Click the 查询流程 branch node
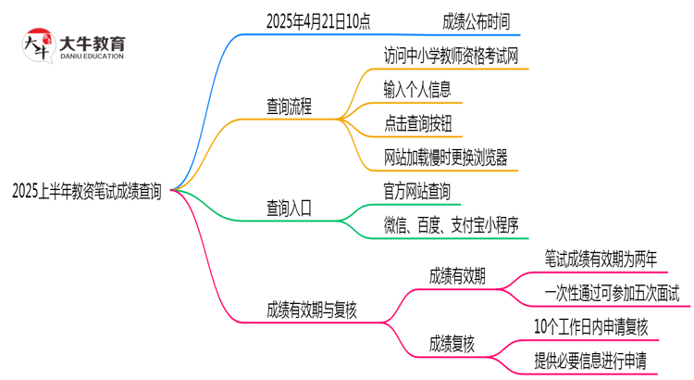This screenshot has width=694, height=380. pyautogui.click(x=290, y=107)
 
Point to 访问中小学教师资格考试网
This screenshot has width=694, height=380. pyautogui.click(x=452, y=55)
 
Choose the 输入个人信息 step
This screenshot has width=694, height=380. pyautogui.click(x=416, y=89)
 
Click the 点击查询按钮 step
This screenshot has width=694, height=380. pyautogui.click(x=417, y=123)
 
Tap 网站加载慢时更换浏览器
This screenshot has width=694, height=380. pyautogui.click(x=445, y=158)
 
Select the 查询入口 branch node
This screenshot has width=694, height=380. pyautogui.click(x=290, y=209)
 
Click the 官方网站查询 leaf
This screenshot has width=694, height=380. pyautogui.click(x=417, y=192)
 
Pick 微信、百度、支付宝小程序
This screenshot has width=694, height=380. pyautogui.click(x=452, y=226)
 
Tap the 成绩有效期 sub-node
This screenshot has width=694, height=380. pyautogui.click(x=457, y=276)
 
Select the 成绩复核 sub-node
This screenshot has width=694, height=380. pyautogui.click(x=452, y=345)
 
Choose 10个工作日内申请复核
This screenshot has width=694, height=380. pyautogui.click(x=591, y=327)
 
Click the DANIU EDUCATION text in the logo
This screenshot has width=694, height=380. pyautogui.click(x=93, y=57)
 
